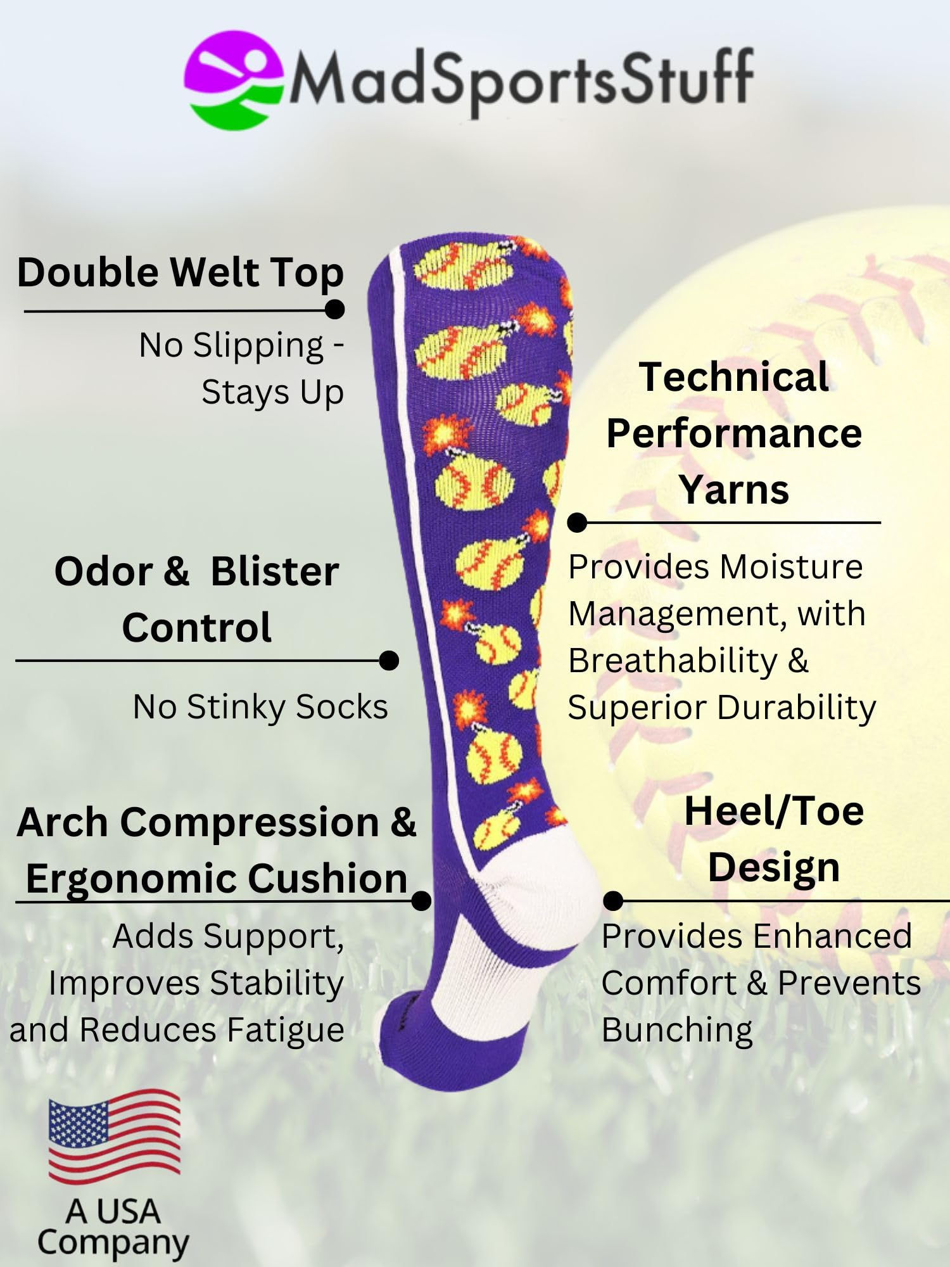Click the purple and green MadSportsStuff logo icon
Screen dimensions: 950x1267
233,80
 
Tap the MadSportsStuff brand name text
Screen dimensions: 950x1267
521,79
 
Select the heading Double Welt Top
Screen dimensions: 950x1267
180,272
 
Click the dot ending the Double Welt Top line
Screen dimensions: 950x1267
334,310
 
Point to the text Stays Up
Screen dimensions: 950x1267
272,393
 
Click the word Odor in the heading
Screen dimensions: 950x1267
103,571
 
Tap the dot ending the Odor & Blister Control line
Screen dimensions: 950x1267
389,661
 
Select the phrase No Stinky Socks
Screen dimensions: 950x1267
260,707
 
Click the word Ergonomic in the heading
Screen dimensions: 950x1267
132,879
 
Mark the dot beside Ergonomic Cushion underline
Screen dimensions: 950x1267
421,900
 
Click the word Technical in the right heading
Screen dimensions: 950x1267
733,378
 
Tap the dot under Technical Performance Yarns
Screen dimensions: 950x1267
577,523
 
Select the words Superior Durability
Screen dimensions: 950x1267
721,708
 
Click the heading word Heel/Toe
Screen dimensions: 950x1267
774,812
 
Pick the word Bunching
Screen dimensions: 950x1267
677,1030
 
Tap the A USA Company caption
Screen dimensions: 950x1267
113,1227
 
